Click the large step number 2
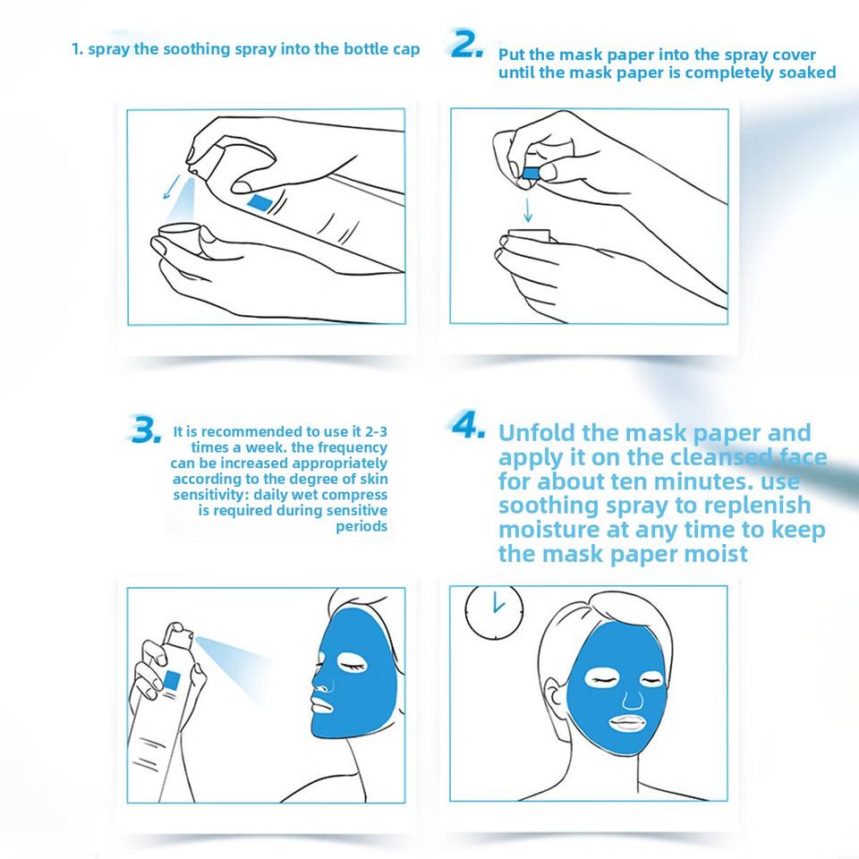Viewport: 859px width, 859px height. point(467,44)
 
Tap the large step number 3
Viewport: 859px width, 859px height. point(145,429)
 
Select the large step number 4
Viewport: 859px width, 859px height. point(468,424)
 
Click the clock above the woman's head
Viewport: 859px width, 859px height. point(494,612)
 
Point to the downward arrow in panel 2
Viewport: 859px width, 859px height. point(528,209)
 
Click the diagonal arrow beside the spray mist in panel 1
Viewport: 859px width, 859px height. point(172,186)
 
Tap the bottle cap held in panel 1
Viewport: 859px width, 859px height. point(180,235)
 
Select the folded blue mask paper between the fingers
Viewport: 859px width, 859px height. point(531,174)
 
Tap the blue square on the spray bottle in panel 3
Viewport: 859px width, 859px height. point(172,680)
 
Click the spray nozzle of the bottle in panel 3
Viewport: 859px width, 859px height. point(180,634)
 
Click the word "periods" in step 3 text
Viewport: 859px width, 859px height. point(361,527)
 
